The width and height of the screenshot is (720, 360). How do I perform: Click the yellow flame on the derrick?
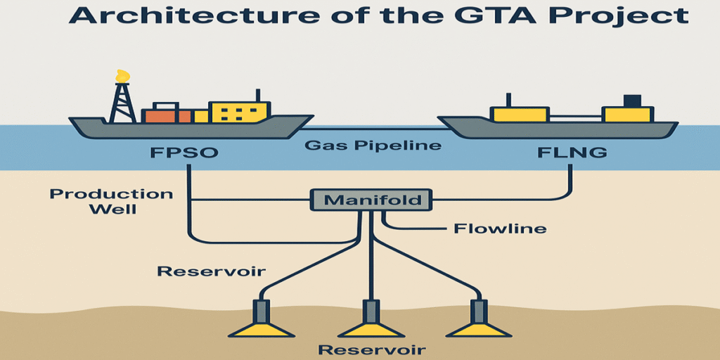[x=122, y=76]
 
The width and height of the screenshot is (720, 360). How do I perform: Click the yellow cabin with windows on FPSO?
[x=238, y=112]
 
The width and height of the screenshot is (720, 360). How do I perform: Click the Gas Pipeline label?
[x=373, y=146]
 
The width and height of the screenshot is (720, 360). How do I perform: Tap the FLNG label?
[x=572, y=152]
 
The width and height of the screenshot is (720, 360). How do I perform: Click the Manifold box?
[x=371, y=200]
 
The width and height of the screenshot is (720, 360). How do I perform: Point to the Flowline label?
[x=500, y=229]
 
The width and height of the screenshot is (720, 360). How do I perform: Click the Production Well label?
[x=111, y=201]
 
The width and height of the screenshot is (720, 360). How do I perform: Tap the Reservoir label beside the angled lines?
[x=211, y=271]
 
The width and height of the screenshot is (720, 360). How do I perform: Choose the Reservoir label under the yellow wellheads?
[x=373, y=350]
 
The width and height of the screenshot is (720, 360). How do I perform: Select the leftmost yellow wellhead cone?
[x=262, y=328]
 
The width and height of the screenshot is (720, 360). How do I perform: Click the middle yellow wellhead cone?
[x=371, y=328]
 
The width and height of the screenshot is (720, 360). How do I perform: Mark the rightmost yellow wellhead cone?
[x=480, y=328]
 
